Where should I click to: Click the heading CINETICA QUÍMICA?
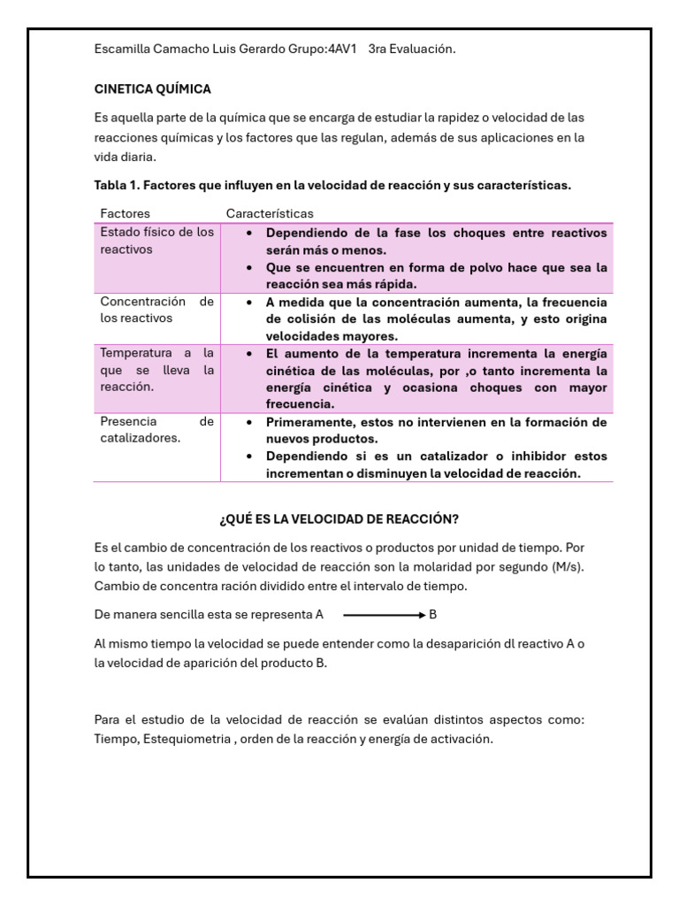coord(152,89)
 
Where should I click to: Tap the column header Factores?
coord(125,213)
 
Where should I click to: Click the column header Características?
coord(270,213)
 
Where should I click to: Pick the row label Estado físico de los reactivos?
coord(156,241)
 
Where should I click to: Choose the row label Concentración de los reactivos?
coord(156,310)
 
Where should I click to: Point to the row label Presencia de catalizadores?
coord(156,430)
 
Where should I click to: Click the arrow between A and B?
coord(384,614)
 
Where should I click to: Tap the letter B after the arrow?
coord(433,614)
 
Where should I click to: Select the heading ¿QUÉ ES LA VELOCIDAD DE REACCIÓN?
coord(339,518)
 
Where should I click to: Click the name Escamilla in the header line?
coord(123,50)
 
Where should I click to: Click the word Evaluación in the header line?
coord(424,50)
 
